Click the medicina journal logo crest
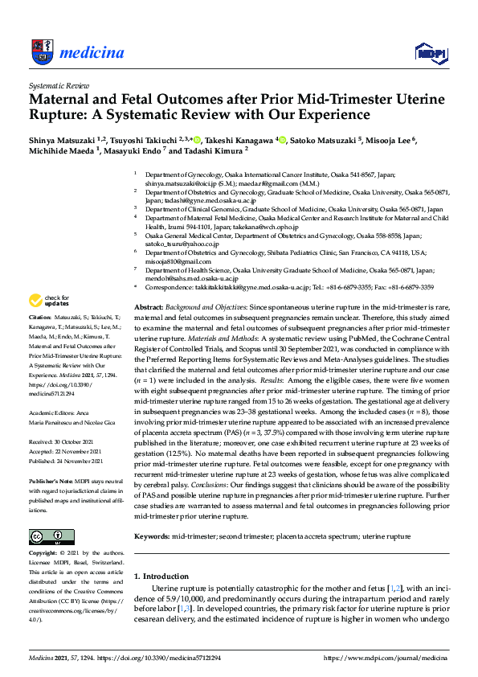[x=41, y=52]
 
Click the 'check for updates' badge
[x=48, y=302]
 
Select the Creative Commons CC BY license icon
[x=45, y=536]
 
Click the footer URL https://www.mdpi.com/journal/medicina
[x=385, y=658]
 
